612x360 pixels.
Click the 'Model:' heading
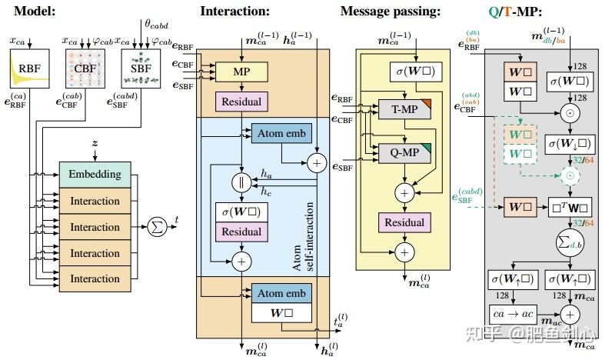(34, 11)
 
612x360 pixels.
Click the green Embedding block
(95, 174)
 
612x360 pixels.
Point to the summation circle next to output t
(158, 228)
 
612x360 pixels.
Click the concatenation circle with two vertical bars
(242, 183)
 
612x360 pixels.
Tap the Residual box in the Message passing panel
(404, 222)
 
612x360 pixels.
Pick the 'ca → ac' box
(514, 314)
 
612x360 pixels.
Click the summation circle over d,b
(570, 242)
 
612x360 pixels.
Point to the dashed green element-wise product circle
(570, 175)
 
